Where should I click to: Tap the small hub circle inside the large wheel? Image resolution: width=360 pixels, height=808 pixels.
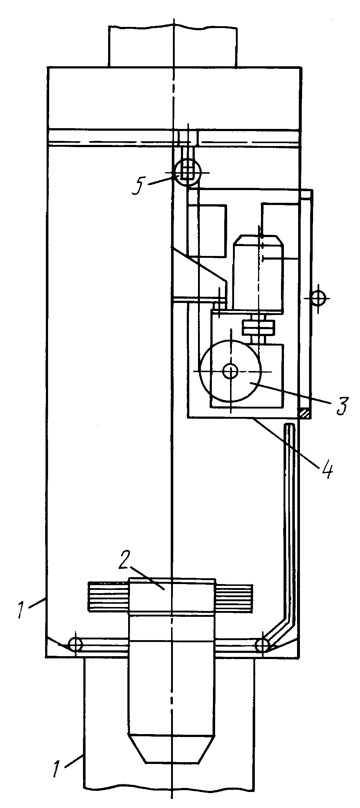[230, 371]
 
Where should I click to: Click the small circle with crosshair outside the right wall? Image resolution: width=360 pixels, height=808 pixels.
[318, 298]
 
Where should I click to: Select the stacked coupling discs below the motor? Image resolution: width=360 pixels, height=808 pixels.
[258, 327]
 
